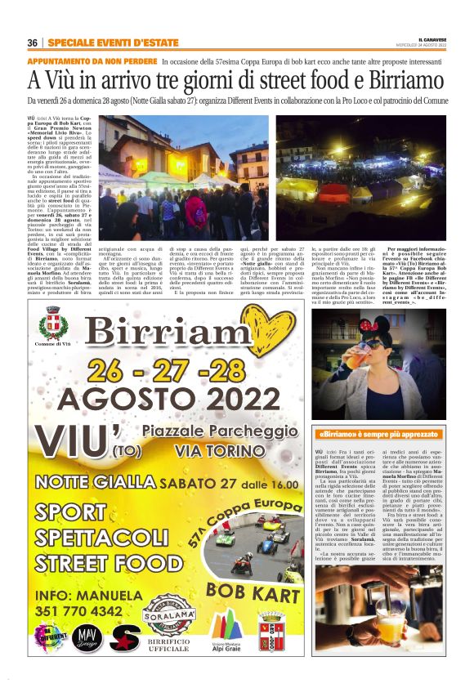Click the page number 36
[x=32, y=42]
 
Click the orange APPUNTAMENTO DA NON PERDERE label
[x=92, y=61]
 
